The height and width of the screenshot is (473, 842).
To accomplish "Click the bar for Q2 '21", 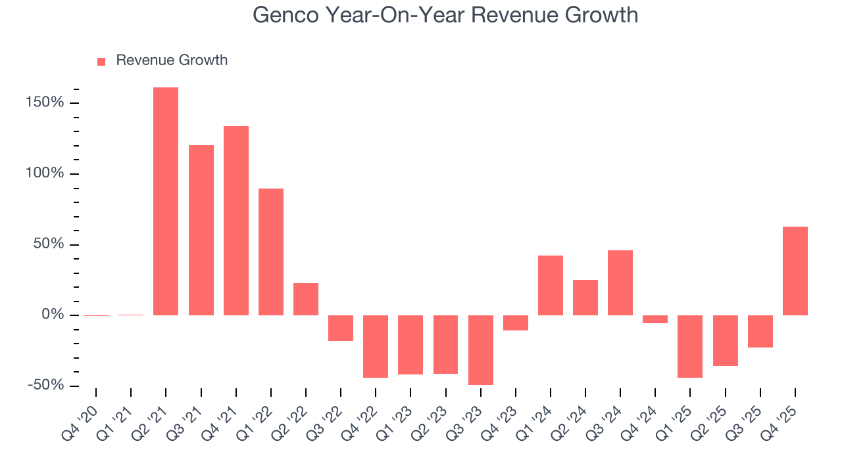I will pos(166,201).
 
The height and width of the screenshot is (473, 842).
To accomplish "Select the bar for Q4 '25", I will pos(795,271).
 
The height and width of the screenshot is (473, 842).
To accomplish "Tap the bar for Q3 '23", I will pos(481,349).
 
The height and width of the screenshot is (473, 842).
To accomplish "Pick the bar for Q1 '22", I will pos(271,252).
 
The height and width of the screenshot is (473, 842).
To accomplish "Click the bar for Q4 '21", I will pos(236,220).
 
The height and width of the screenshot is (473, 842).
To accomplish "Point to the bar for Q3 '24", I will pos(620,282).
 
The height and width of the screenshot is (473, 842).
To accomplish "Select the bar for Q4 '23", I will pos(516,323).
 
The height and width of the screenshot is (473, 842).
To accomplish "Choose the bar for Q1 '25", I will pos(690,346).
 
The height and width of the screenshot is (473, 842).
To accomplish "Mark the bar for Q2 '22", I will pos(306,299).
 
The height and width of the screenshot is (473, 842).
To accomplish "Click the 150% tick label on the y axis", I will pos(45,103).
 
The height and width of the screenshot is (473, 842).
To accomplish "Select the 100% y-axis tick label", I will pos(45,174).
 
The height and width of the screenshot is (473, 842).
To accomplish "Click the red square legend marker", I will pos(101,62).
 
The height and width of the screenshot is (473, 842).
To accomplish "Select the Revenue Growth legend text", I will pos(172,60).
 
